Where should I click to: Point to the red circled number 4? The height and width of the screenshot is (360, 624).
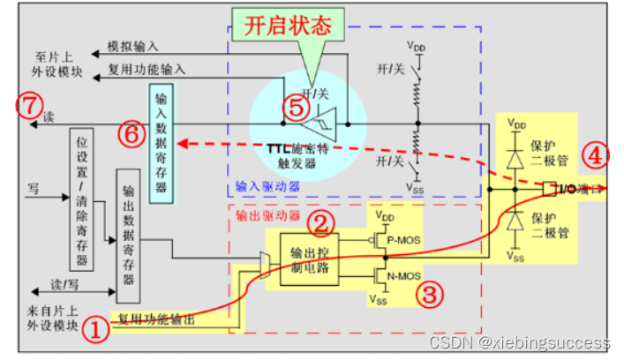[597, 156]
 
